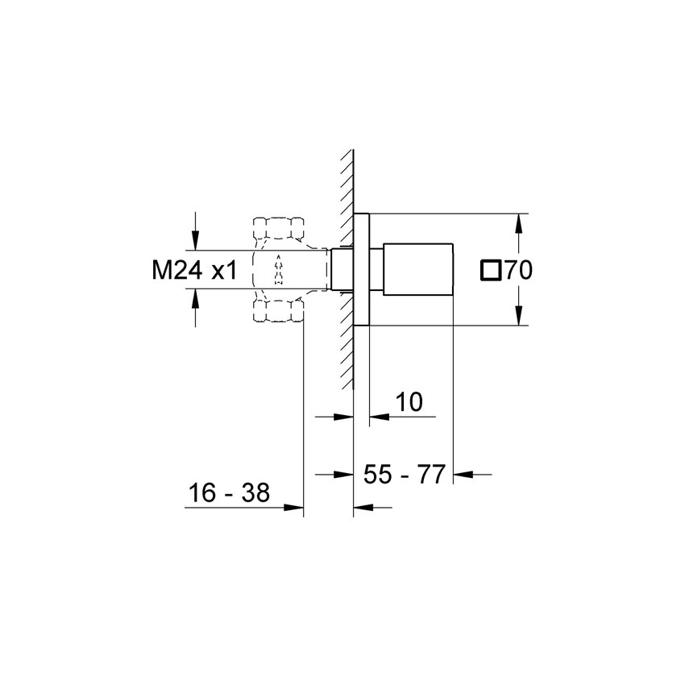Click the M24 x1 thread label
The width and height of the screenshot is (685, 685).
(194, 271)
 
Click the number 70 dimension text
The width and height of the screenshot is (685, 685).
(518, 271)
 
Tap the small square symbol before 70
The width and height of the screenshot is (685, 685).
(490, 271)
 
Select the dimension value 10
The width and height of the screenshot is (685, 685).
(409, 402)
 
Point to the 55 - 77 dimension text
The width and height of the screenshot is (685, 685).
(405, 475)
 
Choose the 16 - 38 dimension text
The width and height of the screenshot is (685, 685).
(228, 492)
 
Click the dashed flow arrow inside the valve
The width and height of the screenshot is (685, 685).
(279, 270)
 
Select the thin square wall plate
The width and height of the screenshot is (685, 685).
(361, 270)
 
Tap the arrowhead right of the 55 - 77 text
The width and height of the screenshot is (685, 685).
(463, 475)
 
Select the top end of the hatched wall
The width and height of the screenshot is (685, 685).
(349, 152)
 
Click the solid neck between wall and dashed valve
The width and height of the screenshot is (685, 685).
(342, 270)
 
